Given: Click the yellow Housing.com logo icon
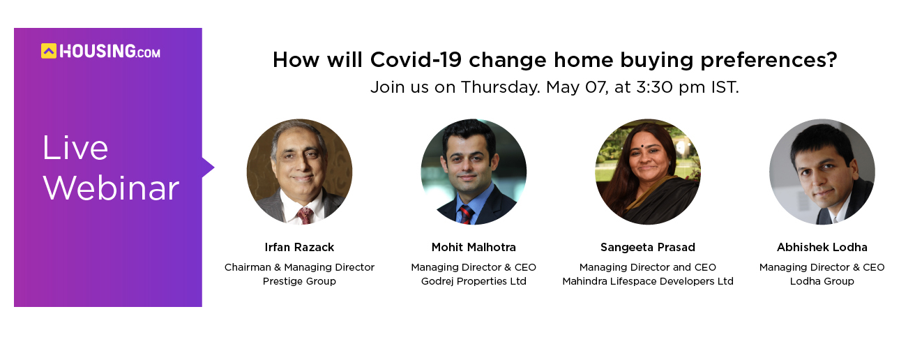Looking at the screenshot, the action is click(x=49, y=51).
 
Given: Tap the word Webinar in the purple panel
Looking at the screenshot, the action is click(x=111, y=188).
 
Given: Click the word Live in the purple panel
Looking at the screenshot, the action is click(x=75, y=147).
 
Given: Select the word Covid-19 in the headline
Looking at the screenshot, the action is click(x=416, y=60).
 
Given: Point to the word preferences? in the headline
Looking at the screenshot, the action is click(x=769, y=61).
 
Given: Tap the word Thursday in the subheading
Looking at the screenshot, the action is click(x=501, y=87).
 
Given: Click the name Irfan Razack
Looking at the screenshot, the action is click(x=299, y=247).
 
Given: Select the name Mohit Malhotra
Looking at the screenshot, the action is click(x=474, y=247).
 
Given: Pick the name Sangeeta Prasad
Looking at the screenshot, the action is click(x=648, y=247).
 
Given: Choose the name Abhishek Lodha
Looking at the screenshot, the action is click(x=822, y=247).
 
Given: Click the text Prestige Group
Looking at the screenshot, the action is click(x=299, y=282).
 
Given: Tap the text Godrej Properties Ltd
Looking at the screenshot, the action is click(x=474, y=282).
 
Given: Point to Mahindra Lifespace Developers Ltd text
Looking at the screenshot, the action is click(x=648, y=282).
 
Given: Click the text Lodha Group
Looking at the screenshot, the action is click(x=822, y=282).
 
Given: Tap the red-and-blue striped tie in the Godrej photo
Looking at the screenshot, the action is click(x=466, y=214).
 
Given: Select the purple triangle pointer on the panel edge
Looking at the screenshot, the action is click(x=208, y=167).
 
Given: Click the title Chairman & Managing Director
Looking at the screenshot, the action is click(x=299, y=267).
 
